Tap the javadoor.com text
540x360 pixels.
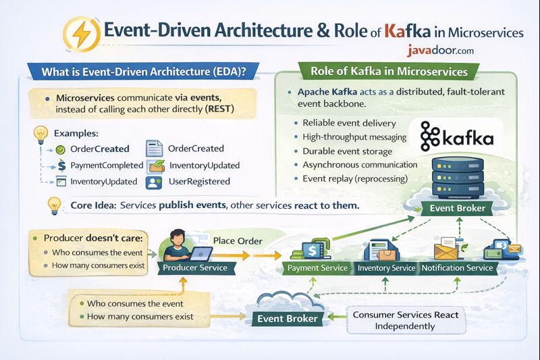pos(441,50)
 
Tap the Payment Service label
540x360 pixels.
pos(317,268)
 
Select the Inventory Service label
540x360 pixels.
pos(386,268)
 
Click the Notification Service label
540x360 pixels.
pos(457,268)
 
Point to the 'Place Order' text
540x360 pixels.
pos(238,240)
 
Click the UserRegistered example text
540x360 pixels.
pos(199,181)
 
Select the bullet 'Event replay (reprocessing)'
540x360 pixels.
pos(355,179)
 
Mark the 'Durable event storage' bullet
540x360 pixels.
pos(346,151)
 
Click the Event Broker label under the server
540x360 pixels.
pos(457,208)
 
